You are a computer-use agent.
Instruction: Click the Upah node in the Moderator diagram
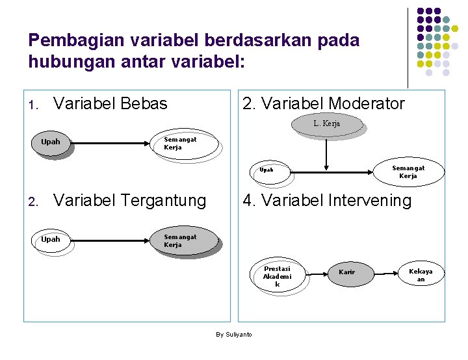tap(266, 170)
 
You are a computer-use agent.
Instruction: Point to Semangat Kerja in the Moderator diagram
tap(408, 172)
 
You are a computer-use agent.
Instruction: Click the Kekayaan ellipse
tap(421, 275)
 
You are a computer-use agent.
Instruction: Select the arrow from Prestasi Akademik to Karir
tap(317, 273)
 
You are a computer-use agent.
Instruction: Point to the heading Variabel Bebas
tap(110, 103)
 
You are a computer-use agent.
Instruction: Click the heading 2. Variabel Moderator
tap(323, 103)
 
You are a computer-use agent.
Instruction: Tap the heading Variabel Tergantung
tap(129, 201)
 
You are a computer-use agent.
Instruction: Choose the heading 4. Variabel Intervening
tap(326, 201)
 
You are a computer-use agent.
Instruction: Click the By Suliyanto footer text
tap(234, 334)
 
